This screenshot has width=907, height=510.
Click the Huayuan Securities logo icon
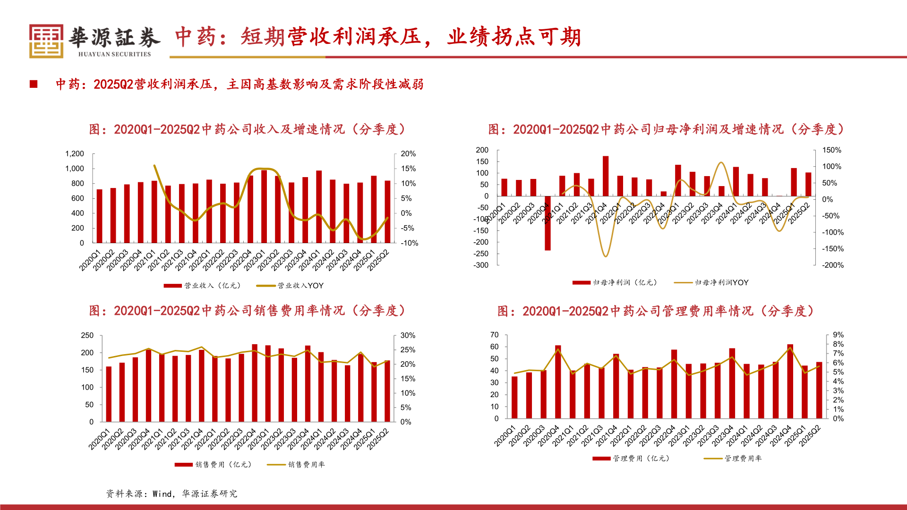[46, 41]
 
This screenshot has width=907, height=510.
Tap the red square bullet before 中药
[34, 84]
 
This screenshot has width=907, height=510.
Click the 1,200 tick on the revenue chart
[75, 154]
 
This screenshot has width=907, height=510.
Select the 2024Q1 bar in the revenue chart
[319, 207]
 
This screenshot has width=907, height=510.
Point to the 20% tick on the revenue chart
[408, 154]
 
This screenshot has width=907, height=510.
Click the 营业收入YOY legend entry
[290, 286]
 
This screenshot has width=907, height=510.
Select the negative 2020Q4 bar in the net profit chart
[548, 223]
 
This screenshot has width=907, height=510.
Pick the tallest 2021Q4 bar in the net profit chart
[606, 176]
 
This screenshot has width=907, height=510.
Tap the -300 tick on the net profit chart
[482, 265]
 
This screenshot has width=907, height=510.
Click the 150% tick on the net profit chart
[831, 150]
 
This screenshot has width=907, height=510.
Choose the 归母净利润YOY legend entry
[711, 283]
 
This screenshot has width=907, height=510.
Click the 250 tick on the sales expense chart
[87, 335]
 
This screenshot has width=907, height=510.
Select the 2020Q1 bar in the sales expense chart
[109, 394]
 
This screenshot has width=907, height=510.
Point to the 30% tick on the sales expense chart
[408, 335]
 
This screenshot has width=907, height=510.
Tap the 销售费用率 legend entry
[296, 465]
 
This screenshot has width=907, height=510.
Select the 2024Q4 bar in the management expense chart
[790, 382]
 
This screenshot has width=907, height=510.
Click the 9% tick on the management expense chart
[838, 335]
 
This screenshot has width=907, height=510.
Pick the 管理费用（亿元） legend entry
[631, 459]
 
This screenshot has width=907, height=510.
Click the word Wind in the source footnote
[162, 494]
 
